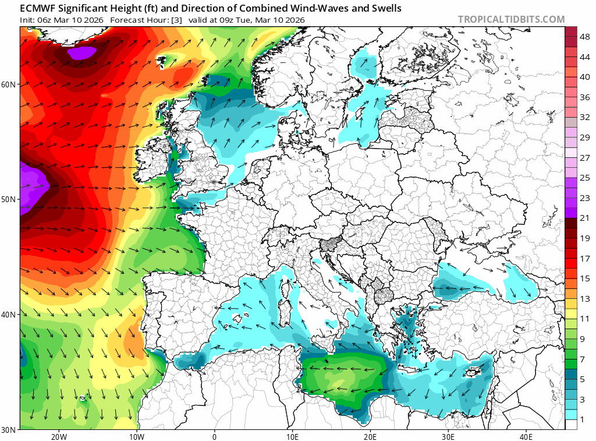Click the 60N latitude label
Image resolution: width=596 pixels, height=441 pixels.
[9, 84]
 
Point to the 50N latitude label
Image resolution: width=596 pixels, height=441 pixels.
[9, 199]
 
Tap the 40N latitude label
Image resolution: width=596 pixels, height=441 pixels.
[9, 315]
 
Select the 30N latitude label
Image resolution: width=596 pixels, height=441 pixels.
[9, 429]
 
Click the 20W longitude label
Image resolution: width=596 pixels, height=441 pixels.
[58, 437]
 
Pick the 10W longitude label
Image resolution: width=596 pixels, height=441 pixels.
[136, 437]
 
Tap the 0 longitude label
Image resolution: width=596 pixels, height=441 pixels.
[214, 437]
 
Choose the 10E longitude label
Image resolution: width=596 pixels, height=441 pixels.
[292, 437]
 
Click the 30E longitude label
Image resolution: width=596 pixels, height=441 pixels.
[448, 437]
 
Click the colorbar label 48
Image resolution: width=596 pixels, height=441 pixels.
[585, 37]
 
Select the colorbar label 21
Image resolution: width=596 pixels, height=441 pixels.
[585, 218]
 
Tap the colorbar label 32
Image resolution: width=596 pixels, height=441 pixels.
[585, 117]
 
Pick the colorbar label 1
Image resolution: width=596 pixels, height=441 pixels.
[585, 419]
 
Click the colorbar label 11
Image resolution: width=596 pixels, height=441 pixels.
[585, 319]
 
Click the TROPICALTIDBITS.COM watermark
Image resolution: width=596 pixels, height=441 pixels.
[511, 19]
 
